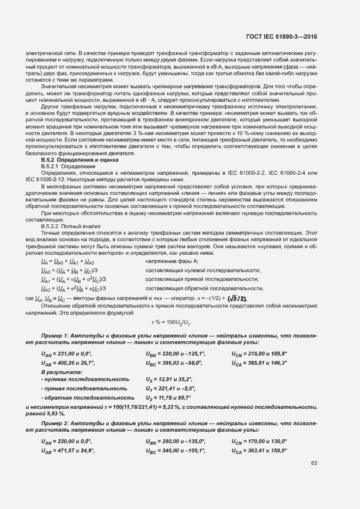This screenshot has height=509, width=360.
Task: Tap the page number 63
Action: click(x=314, y=463)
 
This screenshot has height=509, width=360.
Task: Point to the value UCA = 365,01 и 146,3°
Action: click(x=260, y=363)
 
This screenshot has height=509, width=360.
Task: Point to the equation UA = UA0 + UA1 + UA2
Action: click(x=68, y=262)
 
